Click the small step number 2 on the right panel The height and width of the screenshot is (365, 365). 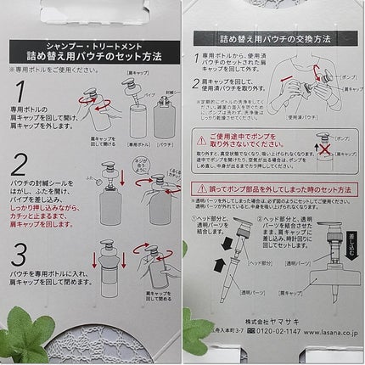click(x=197, y=83)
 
